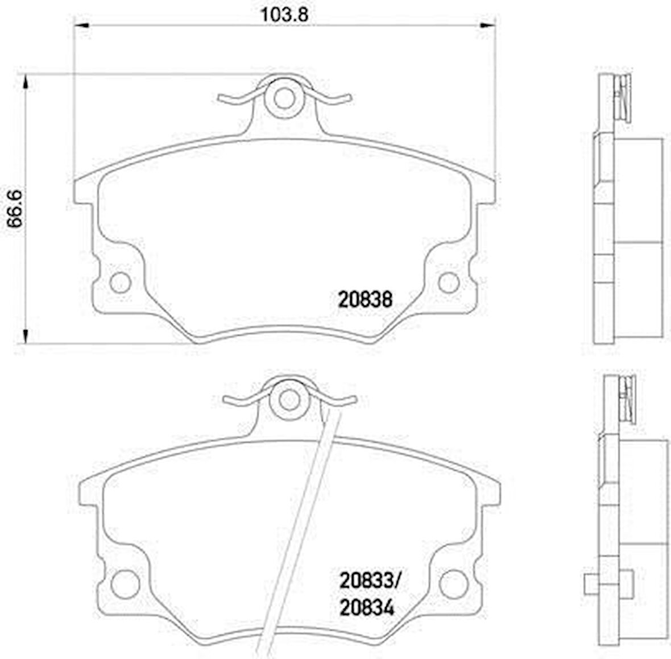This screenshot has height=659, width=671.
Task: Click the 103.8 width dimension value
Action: pos(284,14)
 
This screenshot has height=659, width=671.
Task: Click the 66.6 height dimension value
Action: pos(15,209)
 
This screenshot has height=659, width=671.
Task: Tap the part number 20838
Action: pos(365,300)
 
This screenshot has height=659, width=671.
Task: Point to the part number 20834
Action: pos(366,608)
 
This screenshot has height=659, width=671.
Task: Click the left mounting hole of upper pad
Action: pos(120,283)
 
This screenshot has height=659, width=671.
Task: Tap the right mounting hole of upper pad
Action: pos(449,283)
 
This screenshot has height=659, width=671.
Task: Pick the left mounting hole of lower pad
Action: pos(125,583)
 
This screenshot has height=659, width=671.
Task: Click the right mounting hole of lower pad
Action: pos(454,583)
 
